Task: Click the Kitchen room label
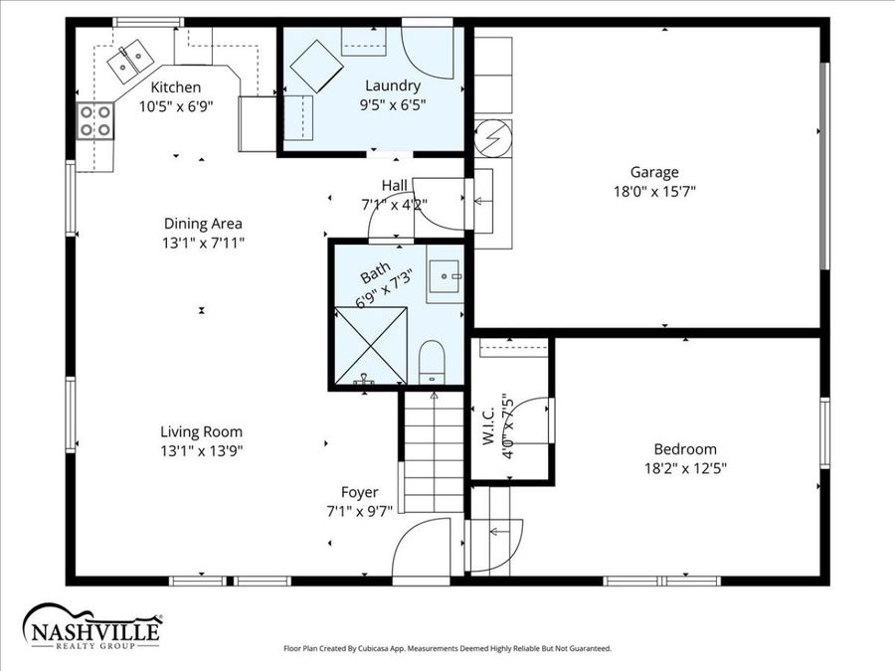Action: pyautogui.click(x=175, y=87)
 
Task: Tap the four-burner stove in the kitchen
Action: pyautogui.click(x=95, y=121)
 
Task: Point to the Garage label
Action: pyautogui.click(x=653, y=172)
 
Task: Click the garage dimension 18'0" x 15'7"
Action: pyautogui.click(x=653, y=192)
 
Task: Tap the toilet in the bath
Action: pyautogui.click(x=433, y=360)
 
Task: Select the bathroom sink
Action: pyautogui.click(x=445, y=277)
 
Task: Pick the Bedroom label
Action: pyautogui.click(x=684, y=449)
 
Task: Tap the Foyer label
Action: pyautogui.click(x=359, y=492)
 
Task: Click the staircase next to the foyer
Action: pyautogui.click(x=433, y=452)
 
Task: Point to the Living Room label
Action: pyautogui.click(x=202, y=431)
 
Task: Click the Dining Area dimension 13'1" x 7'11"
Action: pyautogui.click(x=203, y=243)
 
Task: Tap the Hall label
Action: pyautogui.click(x=394, y=186)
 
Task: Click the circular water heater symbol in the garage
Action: pyautogui.click(x=491, y=138)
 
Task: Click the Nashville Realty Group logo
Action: pyautogui.click(x=91, y=626)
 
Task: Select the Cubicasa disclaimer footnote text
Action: pyautogui.click(x=447, y=648)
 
